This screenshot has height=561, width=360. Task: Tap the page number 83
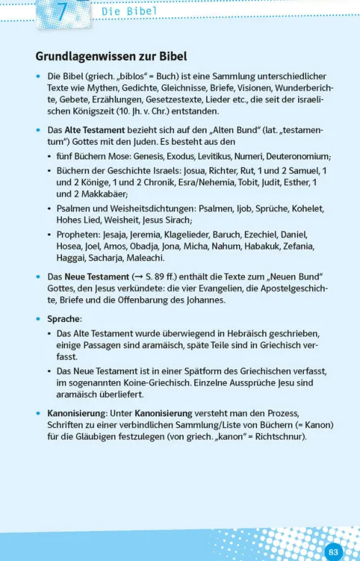[x=333, y=552]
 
